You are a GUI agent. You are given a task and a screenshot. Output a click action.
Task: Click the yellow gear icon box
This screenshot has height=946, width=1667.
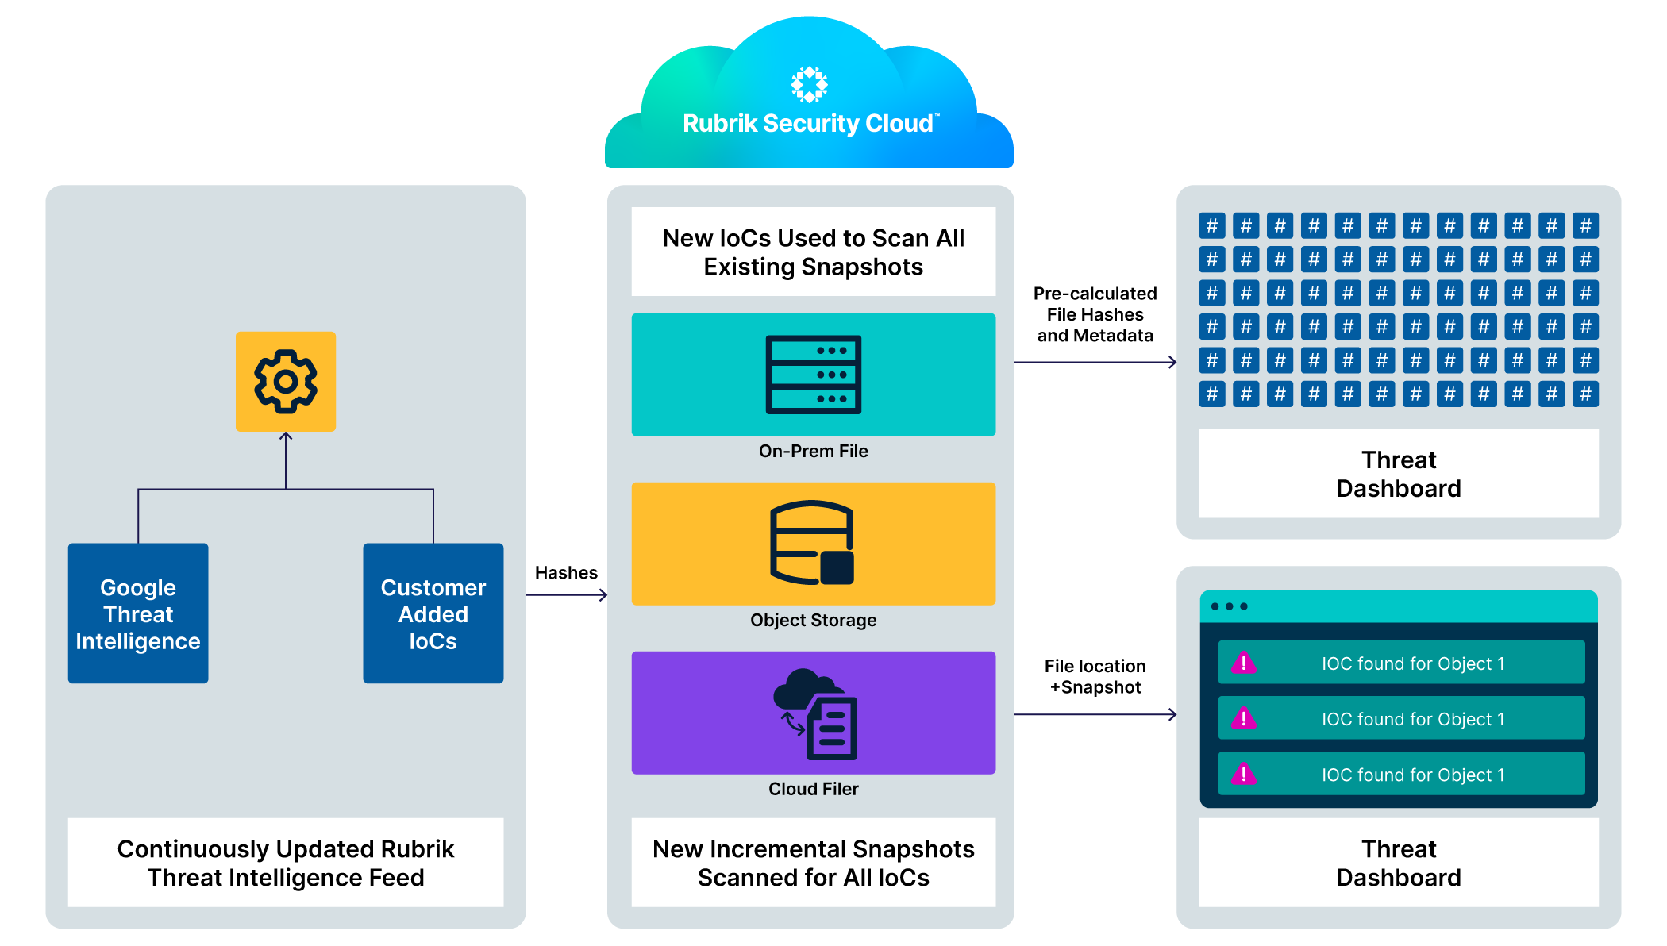tap(286, 382)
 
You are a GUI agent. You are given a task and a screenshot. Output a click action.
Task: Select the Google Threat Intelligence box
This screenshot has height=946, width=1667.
tap(138, 613)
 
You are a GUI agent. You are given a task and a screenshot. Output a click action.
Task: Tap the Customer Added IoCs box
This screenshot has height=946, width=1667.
tap(433, 613)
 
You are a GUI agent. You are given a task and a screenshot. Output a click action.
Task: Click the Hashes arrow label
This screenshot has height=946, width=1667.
tap(566, 573)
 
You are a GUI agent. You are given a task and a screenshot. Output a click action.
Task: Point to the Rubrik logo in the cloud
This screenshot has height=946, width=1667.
tap(809, 85)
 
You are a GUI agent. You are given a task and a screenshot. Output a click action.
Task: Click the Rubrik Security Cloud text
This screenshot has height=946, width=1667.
tap(808, 124)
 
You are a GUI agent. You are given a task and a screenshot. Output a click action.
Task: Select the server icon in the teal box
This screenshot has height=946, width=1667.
tap(813, 375)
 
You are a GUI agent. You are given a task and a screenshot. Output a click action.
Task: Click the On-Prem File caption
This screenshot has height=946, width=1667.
tap(813, 452)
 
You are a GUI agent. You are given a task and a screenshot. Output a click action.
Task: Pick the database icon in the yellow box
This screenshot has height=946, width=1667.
tap(812, 543)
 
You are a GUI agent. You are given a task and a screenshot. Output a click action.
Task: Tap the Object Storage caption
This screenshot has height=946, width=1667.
tap(813, 621)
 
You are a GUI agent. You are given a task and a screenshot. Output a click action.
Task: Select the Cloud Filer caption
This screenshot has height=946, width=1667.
tap(813, 790)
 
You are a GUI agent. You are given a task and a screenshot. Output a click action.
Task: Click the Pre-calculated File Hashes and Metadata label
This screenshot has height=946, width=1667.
tap(1095, 315)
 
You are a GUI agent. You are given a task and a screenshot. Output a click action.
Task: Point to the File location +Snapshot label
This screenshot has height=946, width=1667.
tap(1095, 677)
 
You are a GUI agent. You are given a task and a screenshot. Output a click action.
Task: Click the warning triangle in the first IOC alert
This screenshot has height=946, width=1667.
tap(1244, 663)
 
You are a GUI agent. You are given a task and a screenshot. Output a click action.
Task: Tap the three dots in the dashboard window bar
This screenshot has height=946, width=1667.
tap(1229, 606)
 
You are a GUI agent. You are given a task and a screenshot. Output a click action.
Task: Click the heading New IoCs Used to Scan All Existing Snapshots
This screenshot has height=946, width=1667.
tap(813, 252)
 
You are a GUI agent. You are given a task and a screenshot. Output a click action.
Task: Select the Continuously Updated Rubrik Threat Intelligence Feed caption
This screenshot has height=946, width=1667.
tap(286, 863)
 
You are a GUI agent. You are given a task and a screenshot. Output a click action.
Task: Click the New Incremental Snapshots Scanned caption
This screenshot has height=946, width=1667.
tap(813, 863)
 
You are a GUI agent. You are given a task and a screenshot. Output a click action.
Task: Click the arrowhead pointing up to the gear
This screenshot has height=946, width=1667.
tap(286, 436)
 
